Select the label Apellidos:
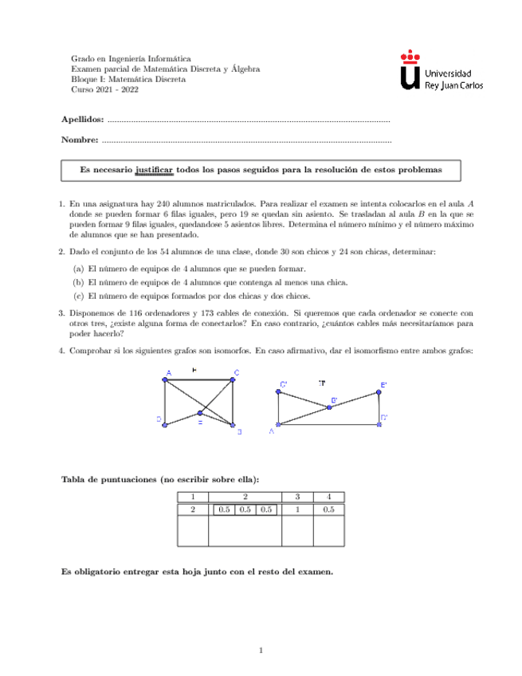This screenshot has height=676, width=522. pos(82,120)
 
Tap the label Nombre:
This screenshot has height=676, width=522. pos(80,141)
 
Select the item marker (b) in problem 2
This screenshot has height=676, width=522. pos(78,281)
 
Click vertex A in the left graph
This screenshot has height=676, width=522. pos(165,379)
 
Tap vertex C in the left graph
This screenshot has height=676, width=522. pos(233,379)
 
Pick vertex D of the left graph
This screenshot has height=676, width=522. pos(164,424)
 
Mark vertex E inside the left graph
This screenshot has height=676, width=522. pos(200,414)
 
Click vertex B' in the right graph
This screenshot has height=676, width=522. pos(329,407)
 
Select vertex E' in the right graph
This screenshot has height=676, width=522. pos(379,392)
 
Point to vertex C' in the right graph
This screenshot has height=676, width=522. pos(278,392)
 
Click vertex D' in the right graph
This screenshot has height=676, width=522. pos(379,423)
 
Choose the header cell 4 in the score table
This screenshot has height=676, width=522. pos(329,497)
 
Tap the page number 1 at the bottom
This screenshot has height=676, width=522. pos(261,651)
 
